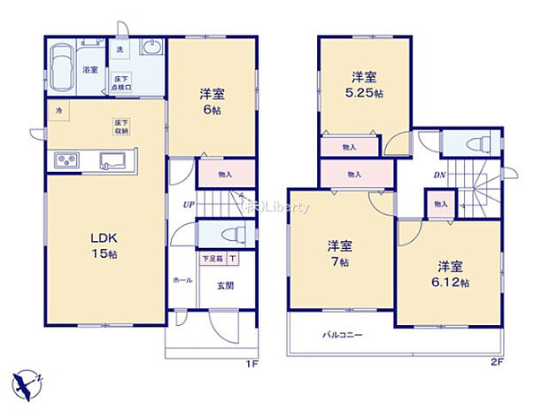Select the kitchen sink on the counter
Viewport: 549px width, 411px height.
[x=112, y=160]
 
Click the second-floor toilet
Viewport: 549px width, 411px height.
[x=470, y=142]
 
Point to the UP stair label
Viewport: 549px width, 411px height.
[x=189, y=205]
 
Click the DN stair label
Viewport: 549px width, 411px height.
[x=440, y=175]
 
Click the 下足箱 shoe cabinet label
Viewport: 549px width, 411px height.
[x=213, y=260]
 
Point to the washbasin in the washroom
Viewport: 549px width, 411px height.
[x=149, y=51]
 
